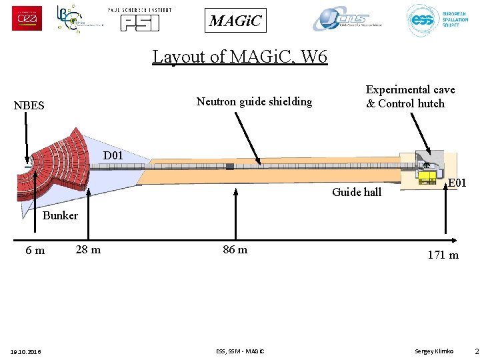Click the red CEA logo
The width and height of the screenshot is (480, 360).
(x=27, y=18)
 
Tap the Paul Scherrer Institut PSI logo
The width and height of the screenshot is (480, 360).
(x=139, y=19)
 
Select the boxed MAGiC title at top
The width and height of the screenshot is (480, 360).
(x=236, y=21)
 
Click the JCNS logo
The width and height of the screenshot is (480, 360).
(x=349, y=19)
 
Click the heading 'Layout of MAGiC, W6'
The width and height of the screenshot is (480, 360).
(x=240, y=57)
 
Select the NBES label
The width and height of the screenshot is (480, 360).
(x=29, y=105)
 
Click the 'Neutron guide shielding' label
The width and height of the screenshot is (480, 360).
(x=254, y=101)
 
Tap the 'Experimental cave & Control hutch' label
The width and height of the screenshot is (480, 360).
(x=410, y=96)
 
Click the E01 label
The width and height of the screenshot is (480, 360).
(x=457, y=183)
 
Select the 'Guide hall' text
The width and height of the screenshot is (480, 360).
(x=357, y=192)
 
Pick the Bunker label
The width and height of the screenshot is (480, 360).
(x=60, y=215)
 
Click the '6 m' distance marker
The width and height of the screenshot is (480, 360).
(x=35, y=251)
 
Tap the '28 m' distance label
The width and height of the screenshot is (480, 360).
(x=88, y=249)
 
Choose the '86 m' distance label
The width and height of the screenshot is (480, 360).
(x=235, y=249)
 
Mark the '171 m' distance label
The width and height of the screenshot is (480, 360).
(x=443, y=255)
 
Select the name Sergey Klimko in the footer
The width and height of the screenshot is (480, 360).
(x=433, y=351)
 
